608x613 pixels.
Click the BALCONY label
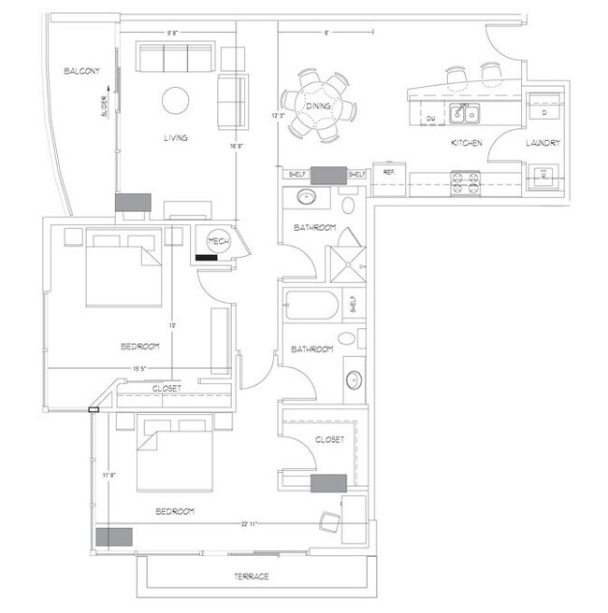(82, 72)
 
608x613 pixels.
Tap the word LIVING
(176, 138)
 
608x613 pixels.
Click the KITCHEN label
(466, 143)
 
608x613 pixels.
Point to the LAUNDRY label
(542, 143)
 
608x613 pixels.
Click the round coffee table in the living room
(176, 99)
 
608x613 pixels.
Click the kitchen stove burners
(465, 179)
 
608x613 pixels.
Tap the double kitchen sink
(464, 115)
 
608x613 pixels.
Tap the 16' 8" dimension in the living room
(237, 146)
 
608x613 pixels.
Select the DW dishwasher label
(430, 119)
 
